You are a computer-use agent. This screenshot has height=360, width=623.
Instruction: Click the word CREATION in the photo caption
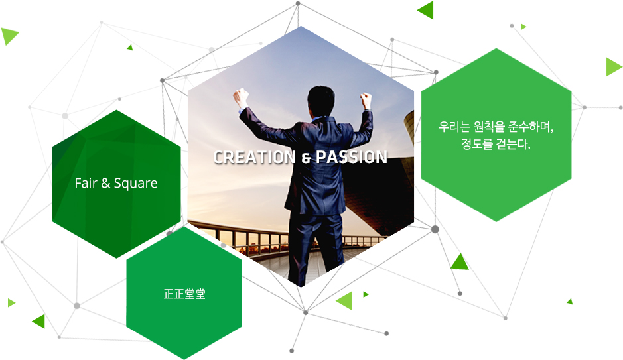click(255, 157)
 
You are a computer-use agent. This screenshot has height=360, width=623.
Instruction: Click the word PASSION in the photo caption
click(352, 157)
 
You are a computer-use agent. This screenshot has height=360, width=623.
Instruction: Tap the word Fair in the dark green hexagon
click(86, 183)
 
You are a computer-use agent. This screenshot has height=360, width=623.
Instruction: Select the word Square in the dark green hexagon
click(136, 184)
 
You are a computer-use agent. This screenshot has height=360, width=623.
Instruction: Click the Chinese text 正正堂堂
click(184, 294)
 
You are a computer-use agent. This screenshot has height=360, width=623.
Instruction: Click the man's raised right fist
click(366, 99)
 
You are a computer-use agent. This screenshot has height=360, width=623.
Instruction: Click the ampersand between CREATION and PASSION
click(306, 158)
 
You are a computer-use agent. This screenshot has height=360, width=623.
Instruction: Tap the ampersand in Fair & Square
click(105, 183)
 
